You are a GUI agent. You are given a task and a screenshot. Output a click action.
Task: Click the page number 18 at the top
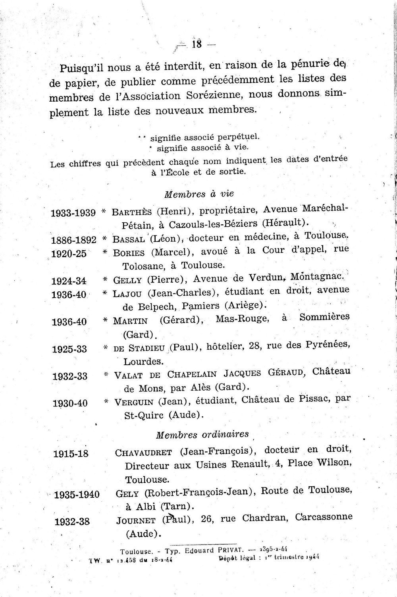(197, 44)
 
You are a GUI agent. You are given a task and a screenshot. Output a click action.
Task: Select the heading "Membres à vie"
(198, 194)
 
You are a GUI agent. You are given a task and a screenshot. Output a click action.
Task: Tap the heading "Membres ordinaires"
(202, 434)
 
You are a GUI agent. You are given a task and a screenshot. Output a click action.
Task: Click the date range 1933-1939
(73, 213)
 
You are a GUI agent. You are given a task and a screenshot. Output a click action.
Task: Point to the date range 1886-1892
(74, 240)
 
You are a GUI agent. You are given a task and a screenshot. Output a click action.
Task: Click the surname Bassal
(127, 240)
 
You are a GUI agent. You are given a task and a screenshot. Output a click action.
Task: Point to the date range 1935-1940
(77, 495)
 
